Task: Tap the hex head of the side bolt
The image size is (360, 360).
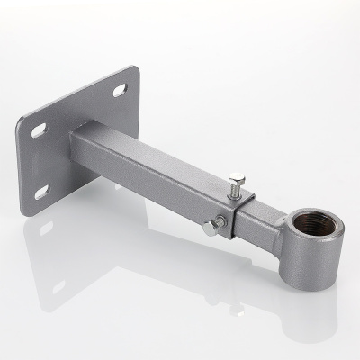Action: coord(209,229)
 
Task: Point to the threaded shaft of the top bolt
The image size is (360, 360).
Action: coord(237,192)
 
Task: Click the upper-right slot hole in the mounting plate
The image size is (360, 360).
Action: coord(121,90)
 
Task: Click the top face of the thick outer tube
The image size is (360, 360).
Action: coord(153,155)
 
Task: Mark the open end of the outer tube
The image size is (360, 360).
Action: coord(236,220)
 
